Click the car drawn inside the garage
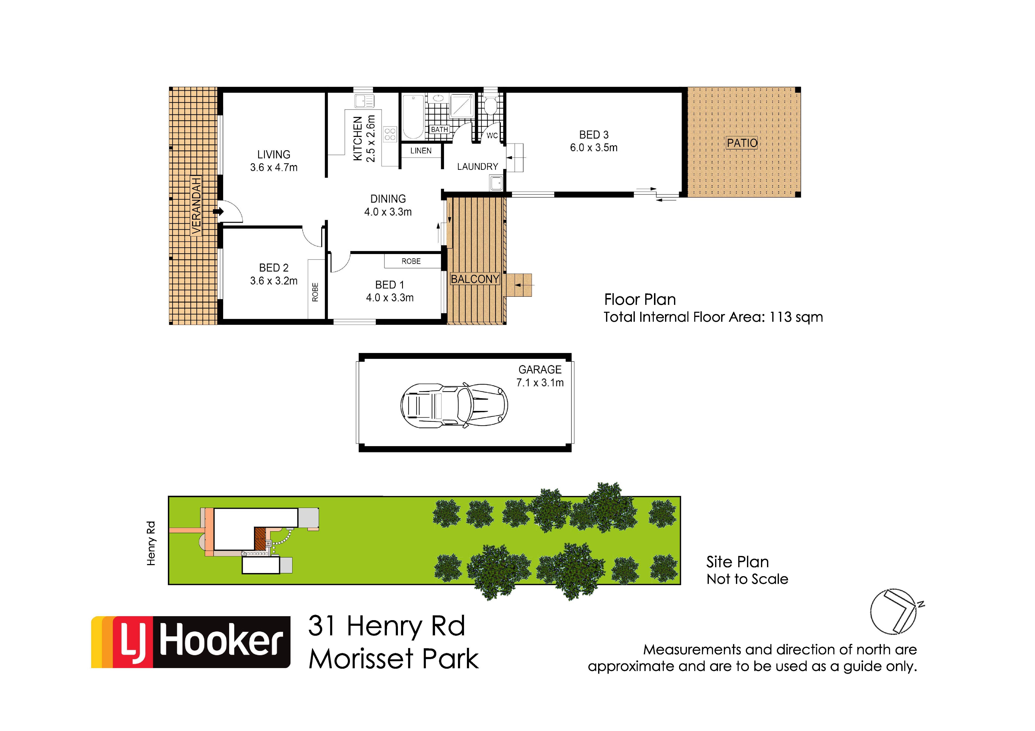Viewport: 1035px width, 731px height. click(x=454, y=405)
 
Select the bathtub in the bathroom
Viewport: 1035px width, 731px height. click(x=413, y=117)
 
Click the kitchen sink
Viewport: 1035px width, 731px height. click(x=364, y=101)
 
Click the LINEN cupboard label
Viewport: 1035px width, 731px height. click(x=421, y=151)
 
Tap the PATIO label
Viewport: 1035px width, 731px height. click(x=742, y=143)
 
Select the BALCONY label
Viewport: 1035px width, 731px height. click(x=475, y=279)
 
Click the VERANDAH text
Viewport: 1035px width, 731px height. click(x=196, y=205)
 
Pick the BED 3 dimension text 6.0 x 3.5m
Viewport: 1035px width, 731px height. click(x=594, y=148)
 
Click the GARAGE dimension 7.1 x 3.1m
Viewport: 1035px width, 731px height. click(x=540, y=383)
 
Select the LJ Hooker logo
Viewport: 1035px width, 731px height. click(x=191, y=642)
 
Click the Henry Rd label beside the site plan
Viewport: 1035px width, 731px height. click(x=151, y=543)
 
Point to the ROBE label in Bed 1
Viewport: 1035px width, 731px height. click(x=411, y=261)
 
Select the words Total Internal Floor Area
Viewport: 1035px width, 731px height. click(x=684, y=317)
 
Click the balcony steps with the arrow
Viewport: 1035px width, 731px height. click(x=519, y=285)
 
